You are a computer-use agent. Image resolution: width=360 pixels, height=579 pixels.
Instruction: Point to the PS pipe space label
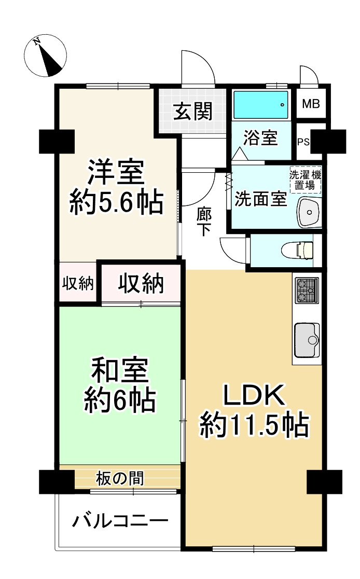point(303,142)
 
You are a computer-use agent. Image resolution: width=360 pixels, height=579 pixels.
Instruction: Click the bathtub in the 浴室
point(260,105)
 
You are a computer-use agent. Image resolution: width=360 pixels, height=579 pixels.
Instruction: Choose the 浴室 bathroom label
point(261,139)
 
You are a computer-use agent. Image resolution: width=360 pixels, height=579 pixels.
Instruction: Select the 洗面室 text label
point(260,200)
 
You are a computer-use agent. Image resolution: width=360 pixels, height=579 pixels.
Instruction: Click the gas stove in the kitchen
point(307,291)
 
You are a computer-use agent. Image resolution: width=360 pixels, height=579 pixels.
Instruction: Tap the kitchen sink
point(307,340)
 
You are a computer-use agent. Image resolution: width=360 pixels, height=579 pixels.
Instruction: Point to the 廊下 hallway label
point(203,222)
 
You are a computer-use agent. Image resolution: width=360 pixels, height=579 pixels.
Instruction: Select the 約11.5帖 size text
point(254,426)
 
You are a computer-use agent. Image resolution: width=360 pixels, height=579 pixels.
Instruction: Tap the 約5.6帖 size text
point(116,203)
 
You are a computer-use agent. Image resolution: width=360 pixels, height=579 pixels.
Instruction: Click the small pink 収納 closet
point(78,283)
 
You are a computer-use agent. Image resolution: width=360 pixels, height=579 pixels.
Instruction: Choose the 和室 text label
point(120,371)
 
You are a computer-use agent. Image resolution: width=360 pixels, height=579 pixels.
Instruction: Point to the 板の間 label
point(120,478)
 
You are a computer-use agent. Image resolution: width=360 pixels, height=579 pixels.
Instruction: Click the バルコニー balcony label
point(120,520)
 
